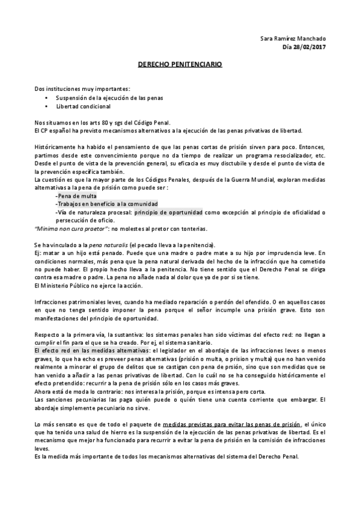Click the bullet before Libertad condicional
click(47, 106)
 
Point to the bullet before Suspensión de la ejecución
click(47, 97)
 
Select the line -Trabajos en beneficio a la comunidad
click(103, 204)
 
